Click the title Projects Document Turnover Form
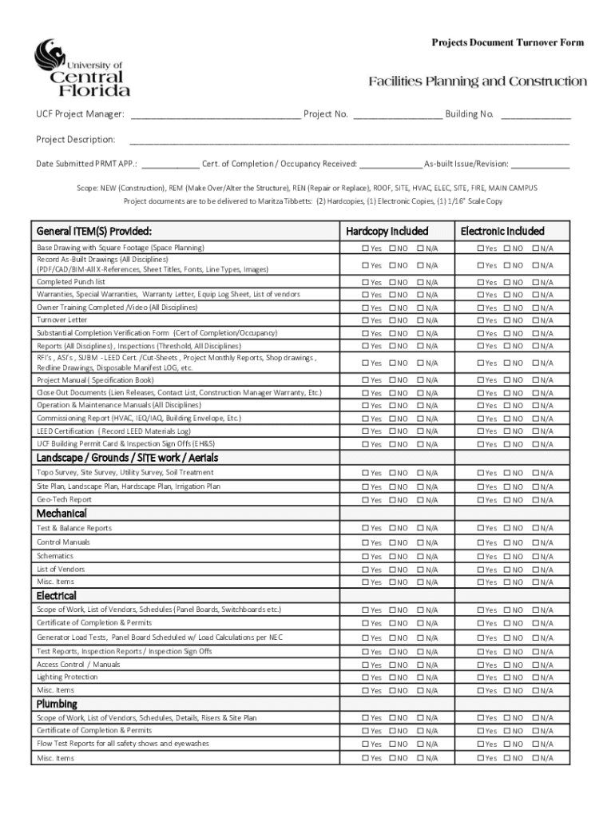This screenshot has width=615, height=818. point(508,42)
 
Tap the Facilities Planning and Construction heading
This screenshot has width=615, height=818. point(477,81)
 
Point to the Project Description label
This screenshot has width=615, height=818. point(76,140)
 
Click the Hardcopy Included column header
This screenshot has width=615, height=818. point(387,231)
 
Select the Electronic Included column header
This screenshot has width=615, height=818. point(502,231)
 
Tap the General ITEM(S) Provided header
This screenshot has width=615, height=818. point(94,231)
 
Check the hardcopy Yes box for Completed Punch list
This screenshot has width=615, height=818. point(366,283)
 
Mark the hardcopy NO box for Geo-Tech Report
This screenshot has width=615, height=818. point(393,501)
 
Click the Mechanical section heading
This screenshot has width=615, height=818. point(61,514)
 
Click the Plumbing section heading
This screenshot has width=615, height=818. point(57,704)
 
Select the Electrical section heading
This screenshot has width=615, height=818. point(57,596)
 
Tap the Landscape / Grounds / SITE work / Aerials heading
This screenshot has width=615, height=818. point(127,458)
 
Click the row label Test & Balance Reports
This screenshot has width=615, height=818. point(74,528)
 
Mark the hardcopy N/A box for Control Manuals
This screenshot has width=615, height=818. point(421,543)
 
